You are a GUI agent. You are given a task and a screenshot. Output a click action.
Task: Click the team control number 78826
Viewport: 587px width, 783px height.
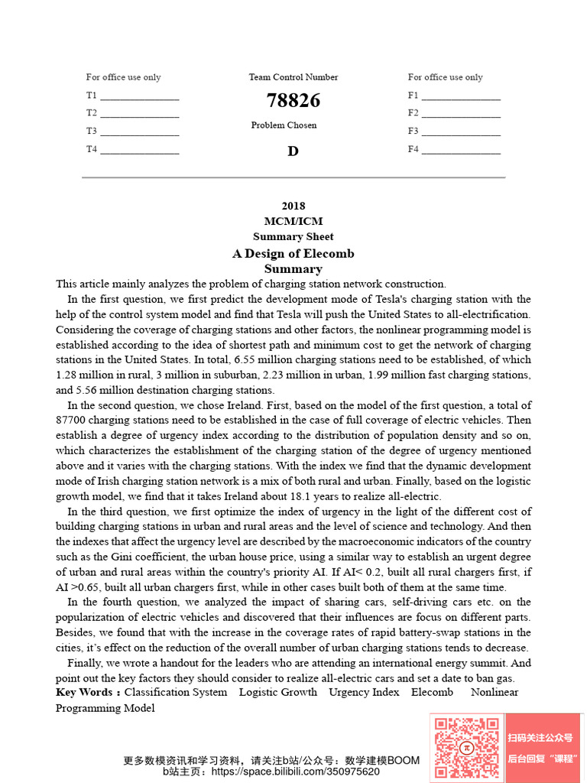(x=293, y=101)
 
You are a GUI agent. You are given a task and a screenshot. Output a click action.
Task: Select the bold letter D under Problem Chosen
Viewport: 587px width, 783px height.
(x=293, y=151)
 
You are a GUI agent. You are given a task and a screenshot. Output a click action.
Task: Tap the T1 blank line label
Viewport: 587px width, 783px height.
(x=92, y=96)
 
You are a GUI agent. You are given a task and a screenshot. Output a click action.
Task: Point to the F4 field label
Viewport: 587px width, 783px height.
(x=413, y=149)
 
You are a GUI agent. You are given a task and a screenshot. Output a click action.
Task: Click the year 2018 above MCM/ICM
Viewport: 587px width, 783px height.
(x=293, y=206)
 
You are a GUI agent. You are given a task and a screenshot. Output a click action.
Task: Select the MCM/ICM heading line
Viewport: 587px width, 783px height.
(x=293, y=221)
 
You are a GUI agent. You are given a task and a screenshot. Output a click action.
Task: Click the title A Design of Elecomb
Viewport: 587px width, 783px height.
(x=293, y=253)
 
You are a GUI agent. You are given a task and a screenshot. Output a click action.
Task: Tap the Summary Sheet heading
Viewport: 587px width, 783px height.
(x=293, y=236)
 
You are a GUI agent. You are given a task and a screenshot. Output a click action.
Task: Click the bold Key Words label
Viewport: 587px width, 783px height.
(x=87, y=692)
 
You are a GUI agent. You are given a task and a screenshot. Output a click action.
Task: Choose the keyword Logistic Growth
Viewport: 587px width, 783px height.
(x=277, y=692)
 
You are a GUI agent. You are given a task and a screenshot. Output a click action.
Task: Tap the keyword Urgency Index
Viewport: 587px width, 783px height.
(x=364, y=692)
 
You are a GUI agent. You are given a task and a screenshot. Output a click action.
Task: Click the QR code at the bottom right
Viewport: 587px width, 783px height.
(x=466, y=747)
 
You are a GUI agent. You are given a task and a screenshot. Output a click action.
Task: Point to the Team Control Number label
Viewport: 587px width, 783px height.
(x=293, y=77)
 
